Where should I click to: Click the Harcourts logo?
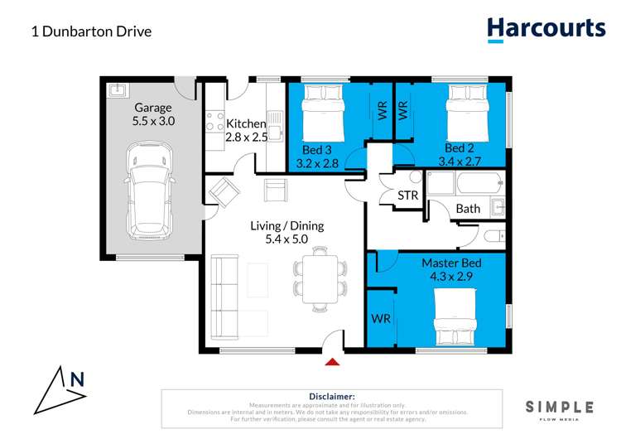coord(546,29)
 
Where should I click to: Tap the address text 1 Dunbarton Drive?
coord(91,32)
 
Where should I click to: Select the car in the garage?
coord(150,187)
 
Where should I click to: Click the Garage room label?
coord(153,108)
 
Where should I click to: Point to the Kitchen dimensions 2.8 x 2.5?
coord(247,137)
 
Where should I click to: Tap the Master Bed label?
coord(451,263)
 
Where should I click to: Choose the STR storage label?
coord(407,195)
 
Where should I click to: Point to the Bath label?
coord(468,209)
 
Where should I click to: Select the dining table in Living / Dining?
coord(318,277)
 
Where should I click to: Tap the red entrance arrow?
coord(332,360)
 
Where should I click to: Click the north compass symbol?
coord(62,389)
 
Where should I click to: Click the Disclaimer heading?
coord(331,398)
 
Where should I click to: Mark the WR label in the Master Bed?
coord(381,318)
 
